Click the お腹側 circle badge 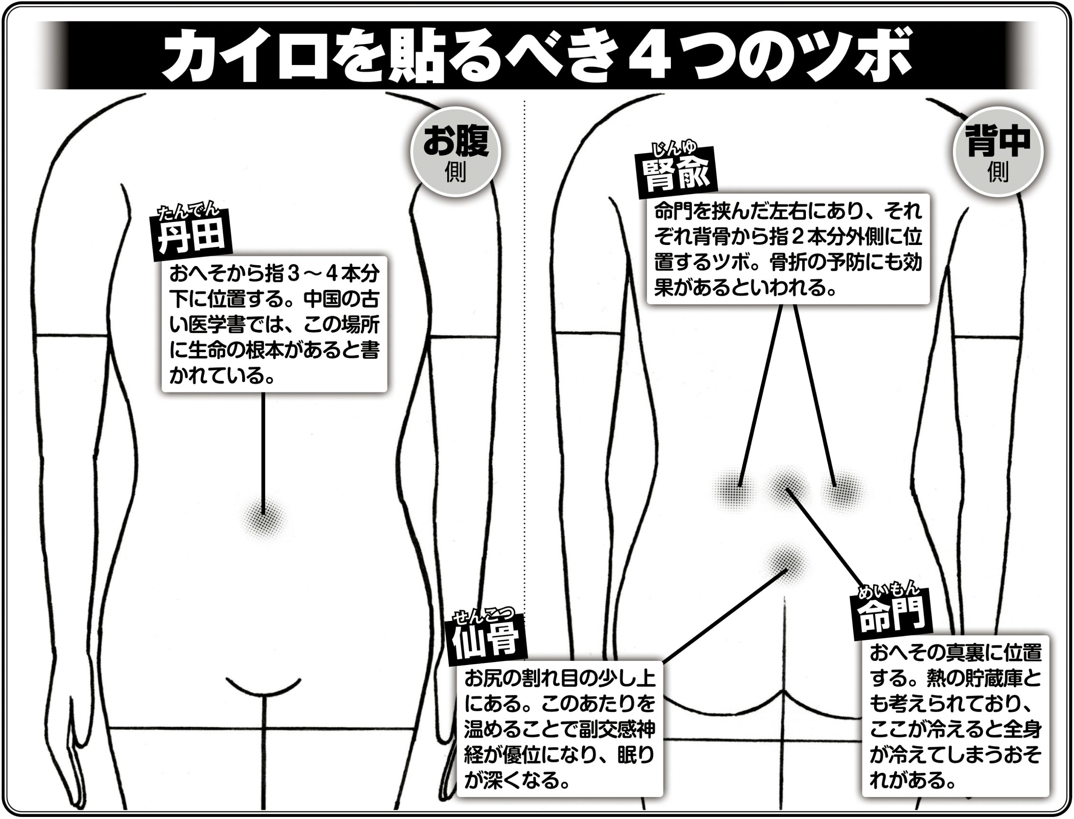(455, 151)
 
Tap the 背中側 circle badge (998, 151)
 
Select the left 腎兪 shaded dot (735, 490)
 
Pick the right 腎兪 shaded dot (842, 490)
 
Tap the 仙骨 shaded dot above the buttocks (785, 563)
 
